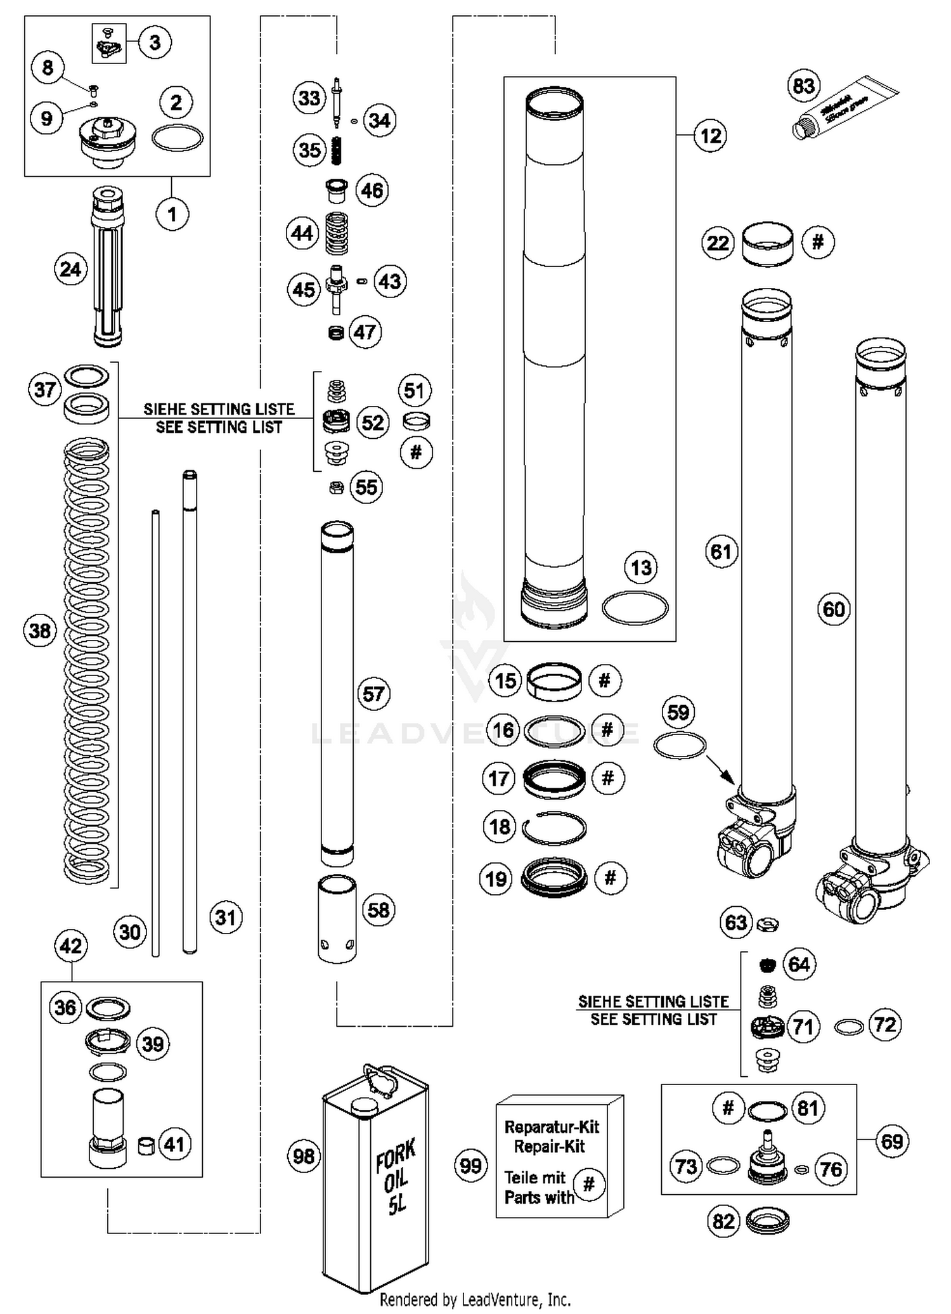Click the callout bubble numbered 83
click(x=803, y=85)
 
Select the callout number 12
click(x=710, y=136)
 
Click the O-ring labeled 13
click(x=635, y=609)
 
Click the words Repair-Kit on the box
click(x=549, y=1147)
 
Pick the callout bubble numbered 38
click(x=39, y=631)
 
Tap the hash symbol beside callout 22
click(x=818, y=242)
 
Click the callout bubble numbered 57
click(x=373, y=694)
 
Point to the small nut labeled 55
click(x=337, y=488)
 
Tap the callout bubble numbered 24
click(x=70, y=270)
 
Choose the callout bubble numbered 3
click(x=155, y=42)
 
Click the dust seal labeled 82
click(x=767, y=1221)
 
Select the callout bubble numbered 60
click(x=833, y=609)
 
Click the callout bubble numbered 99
click(x=470, y=1165)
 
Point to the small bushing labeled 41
click(x=147, y=1146)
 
